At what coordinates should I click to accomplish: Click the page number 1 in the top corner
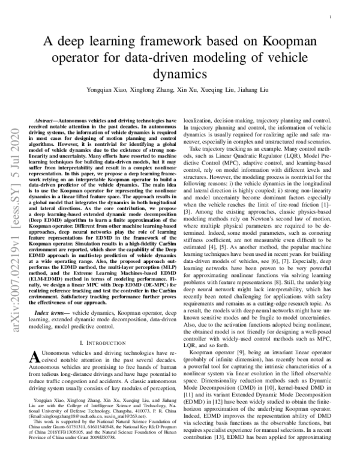331,19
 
